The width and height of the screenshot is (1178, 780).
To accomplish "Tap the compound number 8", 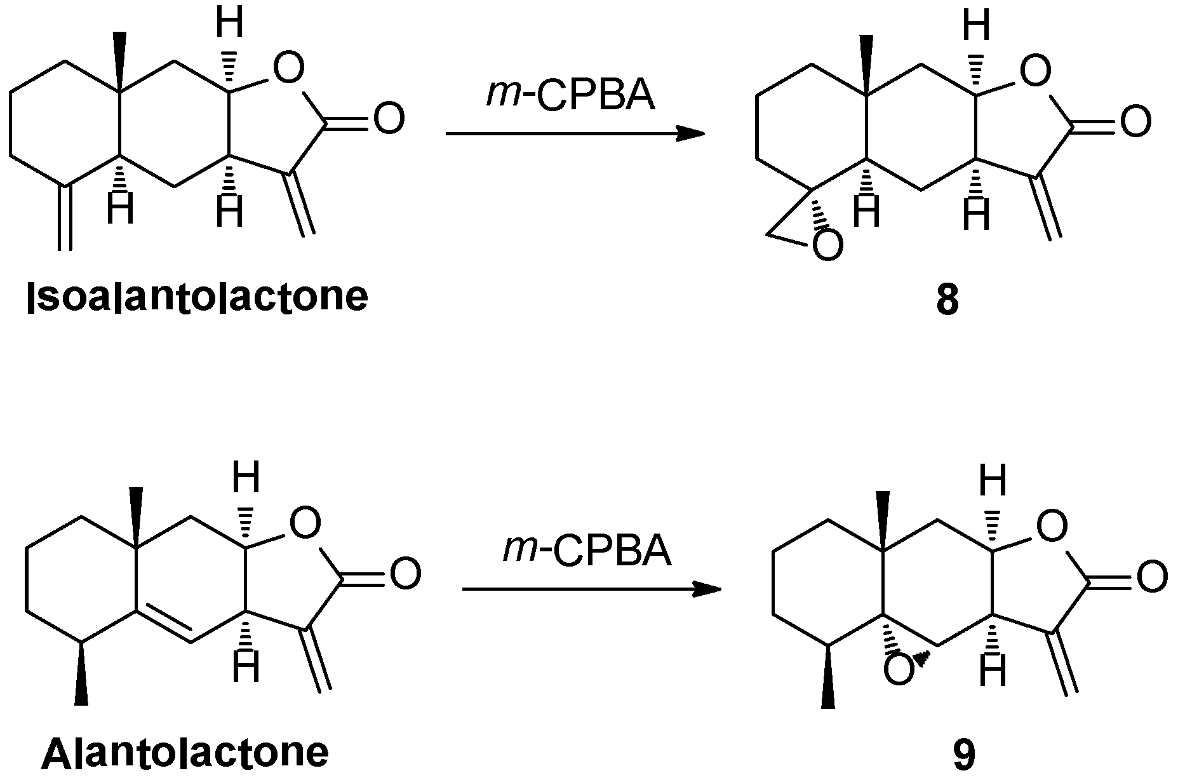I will [947, 300].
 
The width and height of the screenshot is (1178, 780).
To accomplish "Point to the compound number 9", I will [963, 755].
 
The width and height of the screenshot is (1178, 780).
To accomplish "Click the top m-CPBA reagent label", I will [570, 96].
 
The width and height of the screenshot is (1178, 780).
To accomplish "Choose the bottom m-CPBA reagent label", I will [586, 551].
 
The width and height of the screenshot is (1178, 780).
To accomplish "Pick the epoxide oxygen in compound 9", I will [899, 671].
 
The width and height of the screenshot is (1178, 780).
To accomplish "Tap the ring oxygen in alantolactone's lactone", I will [305, 524].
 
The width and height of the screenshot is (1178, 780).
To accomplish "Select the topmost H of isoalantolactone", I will [229, 24].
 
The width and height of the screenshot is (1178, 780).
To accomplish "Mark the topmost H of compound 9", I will [993, 481].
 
